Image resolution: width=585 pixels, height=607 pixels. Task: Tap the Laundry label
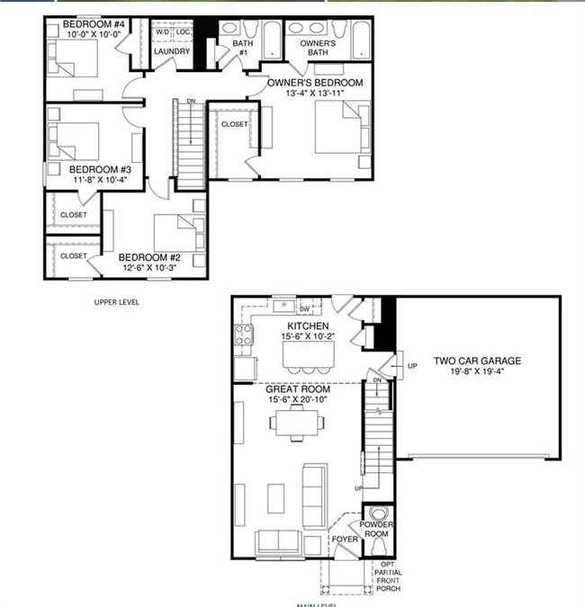click(171, 51)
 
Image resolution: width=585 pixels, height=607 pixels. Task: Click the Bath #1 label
click(240, 48)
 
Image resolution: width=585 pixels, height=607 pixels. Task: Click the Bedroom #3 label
click(101, 169)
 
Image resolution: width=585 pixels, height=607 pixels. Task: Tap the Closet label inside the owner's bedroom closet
click(234, 125)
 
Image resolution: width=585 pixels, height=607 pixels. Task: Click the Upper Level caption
click(117, 302)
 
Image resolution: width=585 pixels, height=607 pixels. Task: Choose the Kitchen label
click(307, 326)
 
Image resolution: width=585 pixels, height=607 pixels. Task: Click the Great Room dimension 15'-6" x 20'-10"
click(297, 400)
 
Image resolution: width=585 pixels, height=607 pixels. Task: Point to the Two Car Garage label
click(477, 362)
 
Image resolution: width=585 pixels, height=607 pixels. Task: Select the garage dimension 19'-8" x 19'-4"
click(477, 373)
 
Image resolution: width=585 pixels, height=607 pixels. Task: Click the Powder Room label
click(377, 530)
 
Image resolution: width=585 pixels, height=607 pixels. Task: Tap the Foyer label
click(345, 540)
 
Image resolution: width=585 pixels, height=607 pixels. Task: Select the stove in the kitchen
click(243, 336)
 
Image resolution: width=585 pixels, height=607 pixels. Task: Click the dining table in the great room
click(296, 420)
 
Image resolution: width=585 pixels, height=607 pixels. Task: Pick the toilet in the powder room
click(377, 546)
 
